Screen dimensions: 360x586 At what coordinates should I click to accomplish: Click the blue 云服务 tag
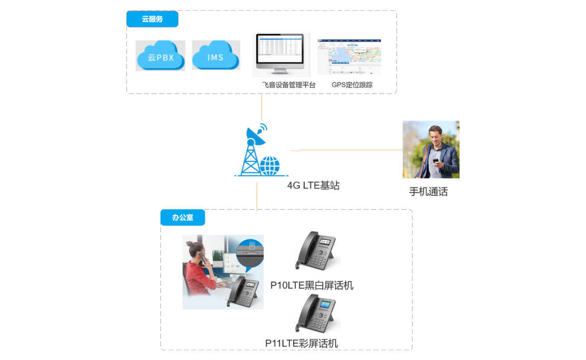point(152,19)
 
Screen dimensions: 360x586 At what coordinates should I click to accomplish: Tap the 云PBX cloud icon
point(160,56)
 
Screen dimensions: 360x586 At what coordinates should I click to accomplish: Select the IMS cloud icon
point(216,55)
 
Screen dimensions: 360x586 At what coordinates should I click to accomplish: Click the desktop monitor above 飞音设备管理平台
point(281,54)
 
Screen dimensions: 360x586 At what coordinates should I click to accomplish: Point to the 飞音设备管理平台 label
point(288,85)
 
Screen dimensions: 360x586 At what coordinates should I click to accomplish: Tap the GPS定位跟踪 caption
point(352,85)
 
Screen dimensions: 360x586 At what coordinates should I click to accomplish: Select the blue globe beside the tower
point(269,166)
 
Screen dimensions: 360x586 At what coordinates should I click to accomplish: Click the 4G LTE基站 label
point(313,186)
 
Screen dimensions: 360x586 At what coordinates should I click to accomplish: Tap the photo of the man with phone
point(431,149)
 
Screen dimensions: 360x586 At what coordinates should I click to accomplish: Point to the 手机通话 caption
point(428,192)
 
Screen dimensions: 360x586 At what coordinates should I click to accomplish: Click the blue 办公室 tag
point(182,218)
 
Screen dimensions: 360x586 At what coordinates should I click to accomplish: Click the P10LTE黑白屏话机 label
point(312,285)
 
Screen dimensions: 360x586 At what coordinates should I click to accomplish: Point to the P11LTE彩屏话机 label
point(301,343)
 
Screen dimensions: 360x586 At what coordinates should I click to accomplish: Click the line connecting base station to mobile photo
point(350,150)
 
